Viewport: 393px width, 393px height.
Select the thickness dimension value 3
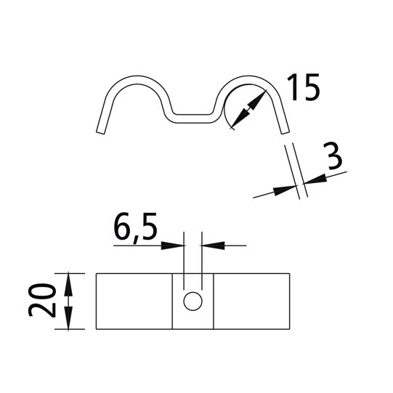click(333, 158)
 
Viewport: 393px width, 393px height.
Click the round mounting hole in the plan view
click(193, 301)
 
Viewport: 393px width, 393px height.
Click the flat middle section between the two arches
click(193, 115)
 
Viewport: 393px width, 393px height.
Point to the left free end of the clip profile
click(99, 131)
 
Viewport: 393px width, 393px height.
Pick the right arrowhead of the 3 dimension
click(310, 182)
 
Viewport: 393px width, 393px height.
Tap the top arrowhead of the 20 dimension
click(69, 280)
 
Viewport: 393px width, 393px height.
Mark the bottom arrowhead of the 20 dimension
click(69, 321)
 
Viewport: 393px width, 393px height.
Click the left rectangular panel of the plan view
click(134, 301)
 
